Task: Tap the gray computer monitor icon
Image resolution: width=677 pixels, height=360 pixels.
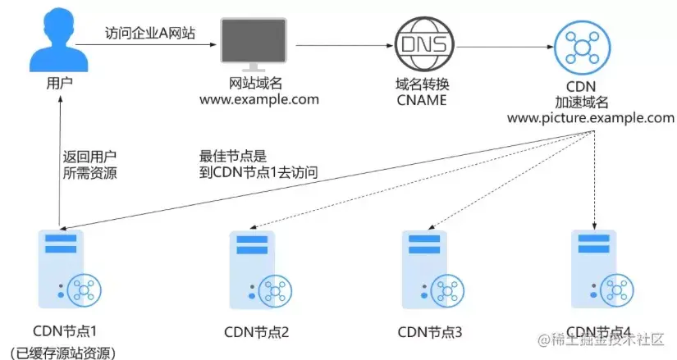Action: pos(254,44)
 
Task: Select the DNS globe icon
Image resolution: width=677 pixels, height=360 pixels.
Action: pos(424,44)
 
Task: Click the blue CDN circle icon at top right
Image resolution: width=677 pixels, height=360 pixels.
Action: pos(582,48)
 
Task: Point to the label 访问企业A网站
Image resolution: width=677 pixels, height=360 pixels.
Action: pos(150,33)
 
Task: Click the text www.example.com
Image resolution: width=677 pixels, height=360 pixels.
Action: pos(259,100)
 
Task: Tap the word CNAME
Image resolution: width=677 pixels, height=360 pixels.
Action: pos(422,100)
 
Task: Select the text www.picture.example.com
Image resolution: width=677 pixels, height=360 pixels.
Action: pos(591,118)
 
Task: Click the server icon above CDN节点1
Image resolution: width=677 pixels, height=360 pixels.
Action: pos(70,269)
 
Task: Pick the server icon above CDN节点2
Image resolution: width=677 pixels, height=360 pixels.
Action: pos(260,270)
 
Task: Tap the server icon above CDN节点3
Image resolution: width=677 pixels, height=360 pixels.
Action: pos(433,270)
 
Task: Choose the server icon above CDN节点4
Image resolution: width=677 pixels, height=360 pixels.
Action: pos(602,269)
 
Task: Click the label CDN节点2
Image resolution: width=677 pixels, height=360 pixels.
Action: pos(257,332)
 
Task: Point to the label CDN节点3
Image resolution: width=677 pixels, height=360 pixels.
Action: pos(430,332)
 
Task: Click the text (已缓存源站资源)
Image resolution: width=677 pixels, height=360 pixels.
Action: pos(63,353)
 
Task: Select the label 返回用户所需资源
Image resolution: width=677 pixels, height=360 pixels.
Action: pos(89,165)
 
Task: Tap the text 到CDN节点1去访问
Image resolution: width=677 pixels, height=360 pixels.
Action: pos(258,172)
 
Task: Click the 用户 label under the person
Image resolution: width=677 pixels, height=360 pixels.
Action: pos(59,83)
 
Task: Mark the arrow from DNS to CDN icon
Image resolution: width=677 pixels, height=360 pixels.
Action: pos(505,47)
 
